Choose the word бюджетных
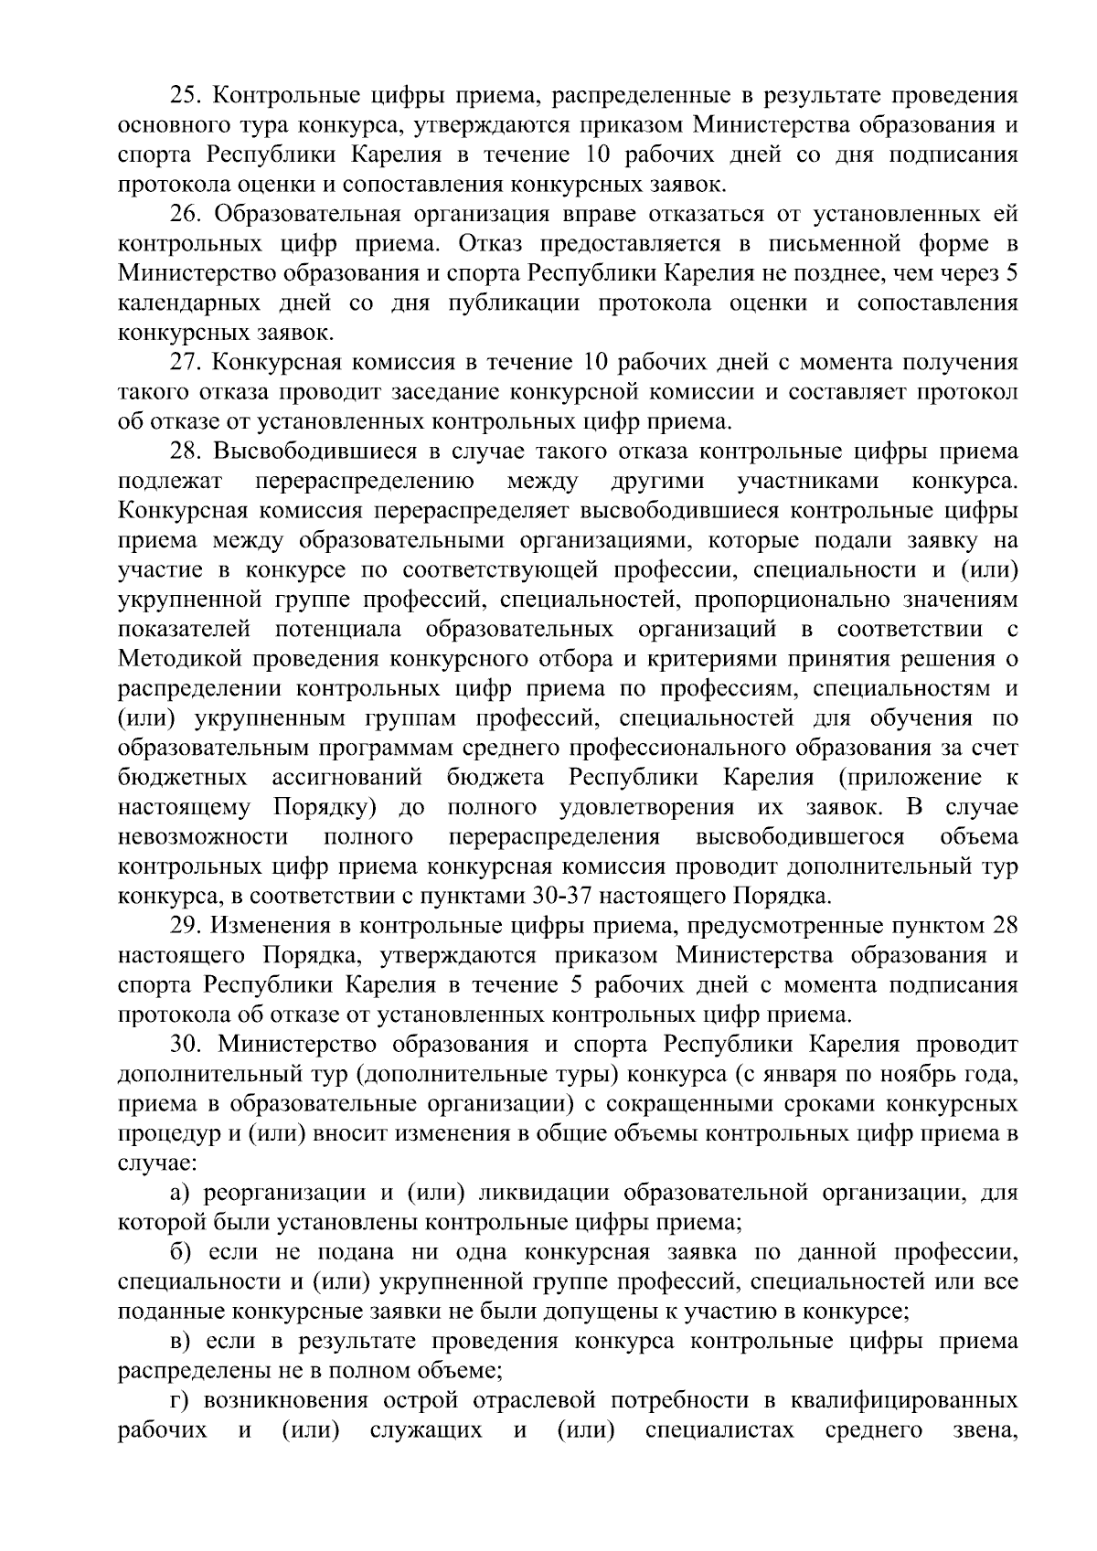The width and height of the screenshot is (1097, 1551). point(182,778)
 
